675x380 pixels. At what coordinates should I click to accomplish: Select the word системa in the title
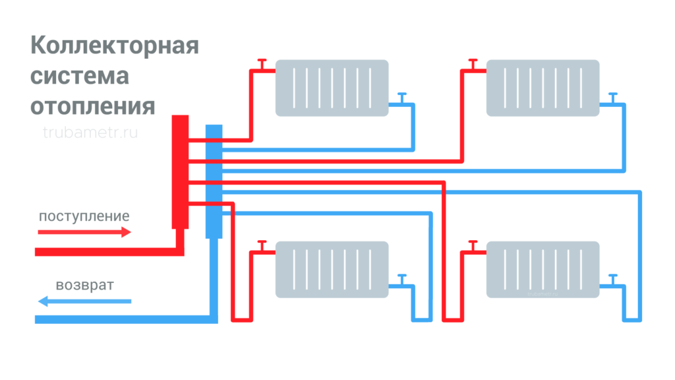click(79, 77)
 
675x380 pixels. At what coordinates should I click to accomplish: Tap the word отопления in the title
click(94, 106)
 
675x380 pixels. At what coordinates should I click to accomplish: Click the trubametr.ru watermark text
click(90, 133)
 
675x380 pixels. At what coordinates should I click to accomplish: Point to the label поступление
click(84, 216)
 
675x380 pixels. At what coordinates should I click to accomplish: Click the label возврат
click(84, 286)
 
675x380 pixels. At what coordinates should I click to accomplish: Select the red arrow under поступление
click(84, 232)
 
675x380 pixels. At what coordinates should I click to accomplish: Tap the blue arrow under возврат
click(84, 301)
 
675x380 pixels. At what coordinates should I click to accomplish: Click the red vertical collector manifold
click(181, 172)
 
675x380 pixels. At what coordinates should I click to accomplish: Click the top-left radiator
click(332, 88)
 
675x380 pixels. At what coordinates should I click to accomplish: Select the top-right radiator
click(543, 88)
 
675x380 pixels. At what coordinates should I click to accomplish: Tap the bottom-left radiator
click(332, 269)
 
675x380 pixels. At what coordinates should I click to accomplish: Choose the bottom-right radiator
click(543, 269)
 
